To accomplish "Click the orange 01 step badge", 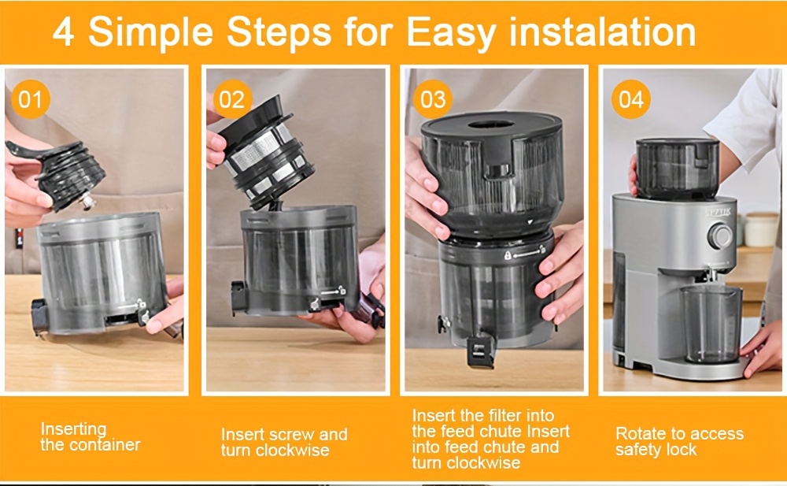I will [30, 100].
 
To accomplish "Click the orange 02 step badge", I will [231, 100].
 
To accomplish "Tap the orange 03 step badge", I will [432, 100].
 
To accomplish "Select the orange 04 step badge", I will [631, 100].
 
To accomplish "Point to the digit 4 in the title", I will [64, 32].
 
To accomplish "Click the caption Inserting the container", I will [90, 436].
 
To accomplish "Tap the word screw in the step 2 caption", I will [291, 435].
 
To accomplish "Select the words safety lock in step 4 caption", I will [656, 451].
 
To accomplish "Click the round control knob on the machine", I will [719, 236].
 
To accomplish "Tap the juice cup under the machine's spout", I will [711, 323].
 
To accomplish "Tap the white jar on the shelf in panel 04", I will [760, 229].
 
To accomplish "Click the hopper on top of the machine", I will [677, 166].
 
